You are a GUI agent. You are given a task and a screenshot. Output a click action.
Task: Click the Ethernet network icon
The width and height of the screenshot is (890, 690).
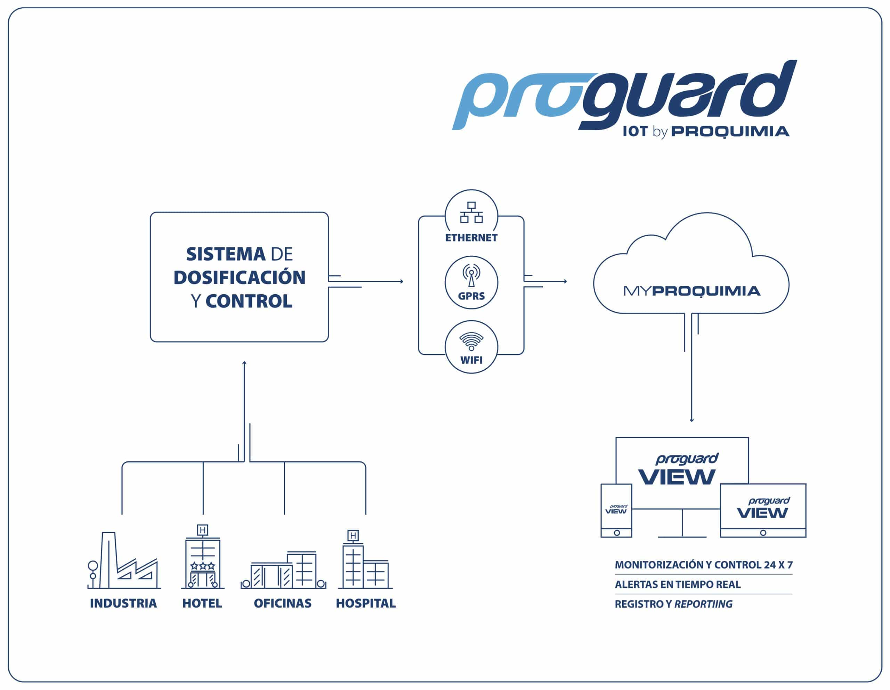471,212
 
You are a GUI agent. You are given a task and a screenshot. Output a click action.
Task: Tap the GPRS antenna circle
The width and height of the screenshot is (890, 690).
471,282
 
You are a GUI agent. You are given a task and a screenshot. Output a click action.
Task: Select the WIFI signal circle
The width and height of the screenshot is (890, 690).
471,347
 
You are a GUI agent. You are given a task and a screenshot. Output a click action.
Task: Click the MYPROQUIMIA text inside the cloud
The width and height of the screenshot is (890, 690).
691,291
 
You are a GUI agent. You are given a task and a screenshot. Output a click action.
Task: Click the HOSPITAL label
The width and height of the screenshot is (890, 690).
365,603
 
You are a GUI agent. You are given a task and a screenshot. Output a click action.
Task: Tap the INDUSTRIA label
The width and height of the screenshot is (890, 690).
123,603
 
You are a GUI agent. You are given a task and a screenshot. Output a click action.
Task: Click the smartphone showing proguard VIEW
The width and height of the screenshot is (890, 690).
616,510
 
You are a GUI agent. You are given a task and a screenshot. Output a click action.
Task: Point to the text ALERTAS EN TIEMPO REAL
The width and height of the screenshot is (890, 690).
677,584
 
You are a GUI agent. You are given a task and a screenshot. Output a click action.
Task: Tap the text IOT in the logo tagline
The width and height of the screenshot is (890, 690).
635,132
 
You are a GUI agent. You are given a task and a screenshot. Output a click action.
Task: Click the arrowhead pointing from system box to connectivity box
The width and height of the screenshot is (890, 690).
402,281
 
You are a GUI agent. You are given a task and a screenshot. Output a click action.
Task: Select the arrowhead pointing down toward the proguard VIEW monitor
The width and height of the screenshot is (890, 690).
691,420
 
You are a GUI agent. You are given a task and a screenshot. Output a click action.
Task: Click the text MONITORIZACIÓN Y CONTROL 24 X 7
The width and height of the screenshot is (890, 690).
703,565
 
